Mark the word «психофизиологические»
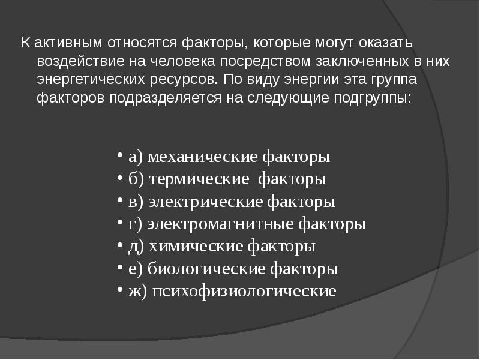pos(244,292)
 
